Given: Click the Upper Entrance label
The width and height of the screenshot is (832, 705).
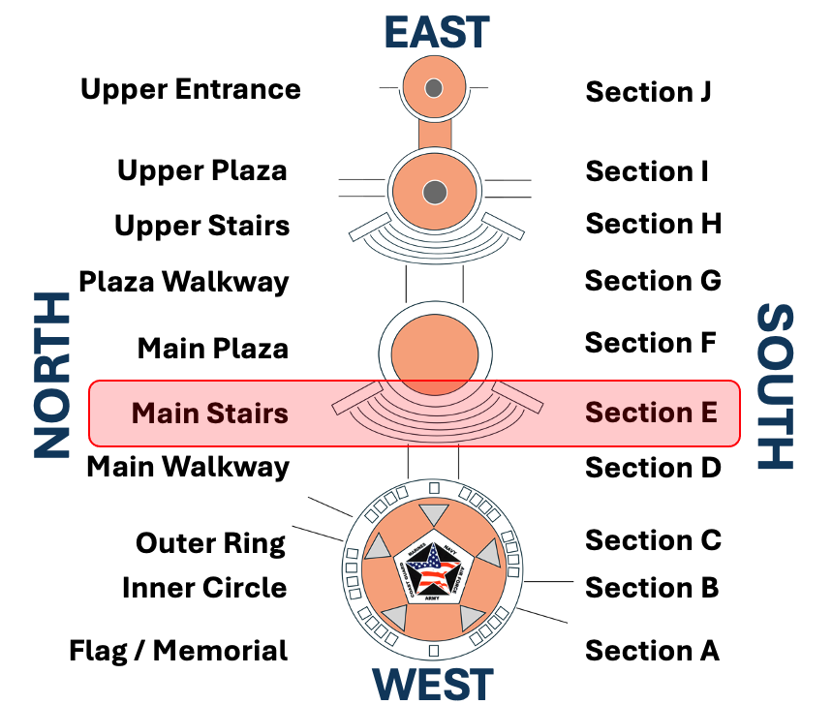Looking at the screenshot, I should pos(191,90).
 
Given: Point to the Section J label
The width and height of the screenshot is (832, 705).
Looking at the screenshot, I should pos(648,92).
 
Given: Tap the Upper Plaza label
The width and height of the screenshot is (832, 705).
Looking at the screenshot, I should pos(202,171).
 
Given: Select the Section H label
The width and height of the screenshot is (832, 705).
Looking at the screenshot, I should pos(653,224).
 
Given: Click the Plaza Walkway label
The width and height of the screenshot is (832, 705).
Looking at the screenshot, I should pos(184,283).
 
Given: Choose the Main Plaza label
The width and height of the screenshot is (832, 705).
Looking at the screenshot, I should pos(213,348).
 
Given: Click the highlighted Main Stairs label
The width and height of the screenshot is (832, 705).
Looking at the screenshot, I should pos(210,414).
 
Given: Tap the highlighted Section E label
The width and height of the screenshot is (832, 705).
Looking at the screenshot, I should pos(651,413).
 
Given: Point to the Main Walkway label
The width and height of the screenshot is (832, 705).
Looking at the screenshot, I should pos(188,467).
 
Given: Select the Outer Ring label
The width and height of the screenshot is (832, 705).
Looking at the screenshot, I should pos(211,543).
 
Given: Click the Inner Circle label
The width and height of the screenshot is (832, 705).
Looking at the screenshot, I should pos(204,588).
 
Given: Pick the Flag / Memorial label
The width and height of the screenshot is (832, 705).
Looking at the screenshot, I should pos(178,651).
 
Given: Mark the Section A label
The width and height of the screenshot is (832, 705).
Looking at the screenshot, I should pos(652,651).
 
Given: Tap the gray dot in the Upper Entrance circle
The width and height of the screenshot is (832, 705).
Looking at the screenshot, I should pos(434,88).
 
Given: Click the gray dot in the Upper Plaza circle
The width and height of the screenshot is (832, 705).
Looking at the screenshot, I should pos(435,191).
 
